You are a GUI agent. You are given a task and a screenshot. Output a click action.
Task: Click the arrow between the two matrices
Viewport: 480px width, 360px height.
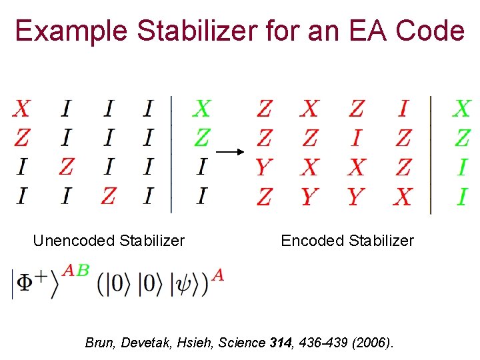click(x=227, y=152)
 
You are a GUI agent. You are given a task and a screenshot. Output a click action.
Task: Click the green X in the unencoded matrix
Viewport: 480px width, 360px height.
click(x=201, y=109)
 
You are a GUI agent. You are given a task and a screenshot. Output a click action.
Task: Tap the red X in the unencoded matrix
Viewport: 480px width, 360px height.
click(x=22, y=109)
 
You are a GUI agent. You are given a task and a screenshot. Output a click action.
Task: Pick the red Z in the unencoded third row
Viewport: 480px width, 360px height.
click(x=66, y=167)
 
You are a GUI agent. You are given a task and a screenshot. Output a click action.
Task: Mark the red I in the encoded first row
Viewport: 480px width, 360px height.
click(x=403, y=109)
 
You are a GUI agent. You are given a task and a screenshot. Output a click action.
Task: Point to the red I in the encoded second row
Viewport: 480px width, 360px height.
click(x=357, y=138)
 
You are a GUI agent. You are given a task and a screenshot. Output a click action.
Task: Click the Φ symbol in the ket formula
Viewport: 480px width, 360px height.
click(x=25, y=283)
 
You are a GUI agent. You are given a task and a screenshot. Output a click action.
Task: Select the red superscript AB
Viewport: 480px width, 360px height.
click(x=75, y=270)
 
